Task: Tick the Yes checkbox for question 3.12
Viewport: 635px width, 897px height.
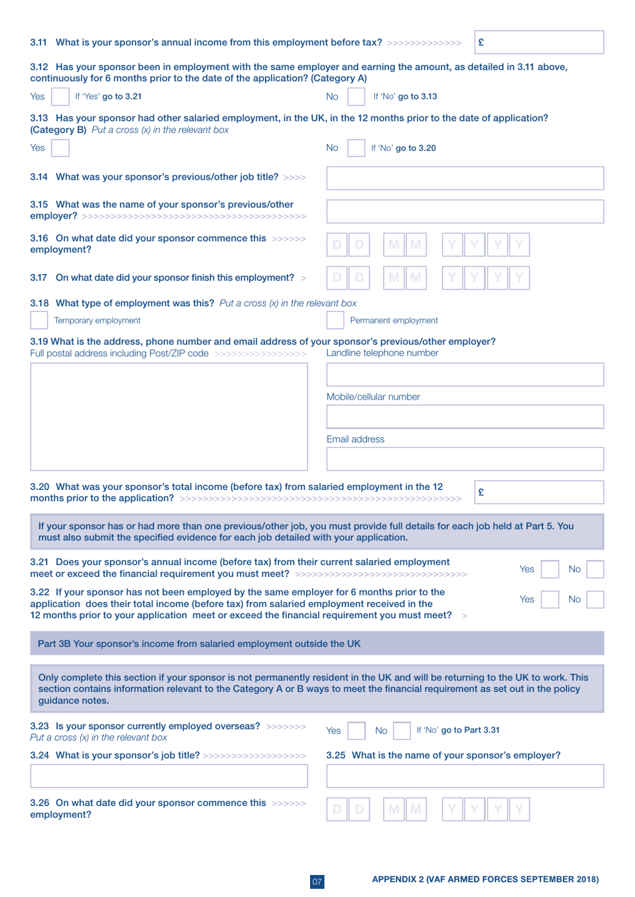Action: [x=60, y=96]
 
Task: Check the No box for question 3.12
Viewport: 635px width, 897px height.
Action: [x=356, y=96]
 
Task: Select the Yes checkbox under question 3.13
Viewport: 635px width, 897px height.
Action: [x=60, y=148]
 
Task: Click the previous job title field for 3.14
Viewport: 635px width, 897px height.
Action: [x=465, y=178]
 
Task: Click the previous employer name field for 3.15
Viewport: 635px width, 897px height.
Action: [x=465, y=211]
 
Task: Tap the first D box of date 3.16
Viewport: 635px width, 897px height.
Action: [x=337, y=245]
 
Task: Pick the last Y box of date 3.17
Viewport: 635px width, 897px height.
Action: [x=519, y=277]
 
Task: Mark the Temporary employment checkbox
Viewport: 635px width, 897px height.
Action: [x=39, y=320]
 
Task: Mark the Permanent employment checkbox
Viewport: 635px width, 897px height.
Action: [x=335, y=320]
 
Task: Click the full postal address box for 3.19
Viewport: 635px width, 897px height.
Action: [x=168, y=417]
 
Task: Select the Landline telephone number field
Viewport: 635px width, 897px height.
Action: [x=465, y=375]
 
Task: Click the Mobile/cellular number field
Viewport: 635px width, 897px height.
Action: [x=465, y=417]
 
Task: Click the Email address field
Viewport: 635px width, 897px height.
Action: [x=465, y=459]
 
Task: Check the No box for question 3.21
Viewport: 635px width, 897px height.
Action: [x=595, y=569]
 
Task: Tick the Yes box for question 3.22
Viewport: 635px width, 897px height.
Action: [x=549, y=599]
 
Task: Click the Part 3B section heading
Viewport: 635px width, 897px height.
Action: [x=199, y=644]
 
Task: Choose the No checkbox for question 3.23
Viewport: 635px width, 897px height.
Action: [x=402, y=731]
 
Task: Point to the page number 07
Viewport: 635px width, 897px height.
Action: [x=317, y=882]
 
